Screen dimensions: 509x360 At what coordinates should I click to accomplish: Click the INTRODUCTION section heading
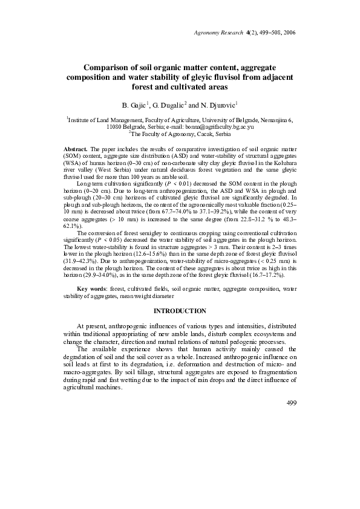180,311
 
